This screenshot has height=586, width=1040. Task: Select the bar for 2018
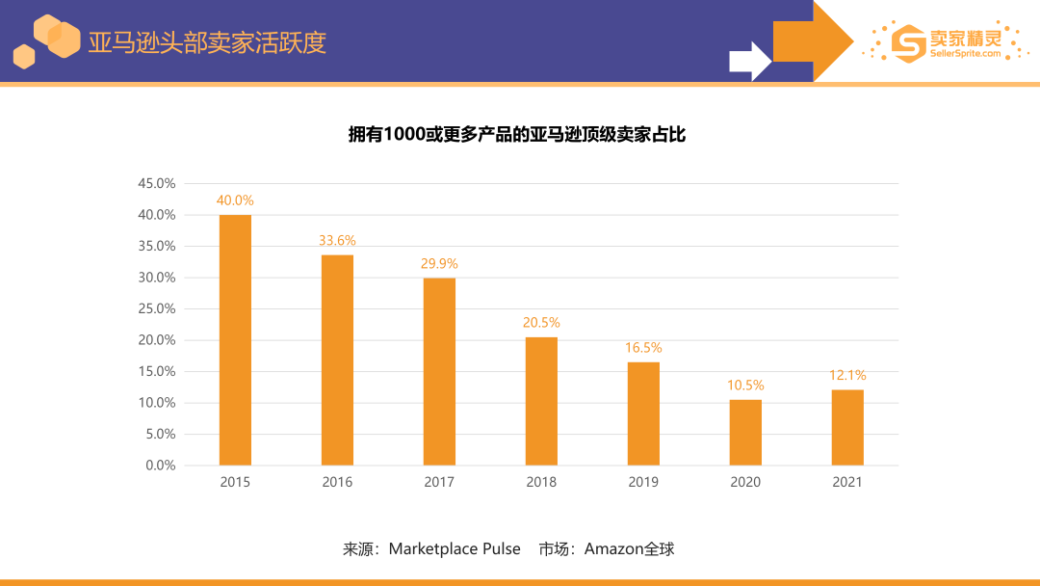(x=541, y=401)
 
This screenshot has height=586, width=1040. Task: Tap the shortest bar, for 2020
(x=745, y=432)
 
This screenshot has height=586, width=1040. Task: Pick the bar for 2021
(x=847, y=427)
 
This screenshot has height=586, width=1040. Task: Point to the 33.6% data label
(x=337, y=240)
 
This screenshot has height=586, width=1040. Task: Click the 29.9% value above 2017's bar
(x=439, y=263)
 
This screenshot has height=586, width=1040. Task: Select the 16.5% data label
(x=643, y=347)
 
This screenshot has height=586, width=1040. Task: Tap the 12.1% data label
(x=847, y=375)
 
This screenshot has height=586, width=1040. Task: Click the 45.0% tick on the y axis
(x=157, y=183)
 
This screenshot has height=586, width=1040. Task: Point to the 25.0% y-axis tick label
(x=157, y=308)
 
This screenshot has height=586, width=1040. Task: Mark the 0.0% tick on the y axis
(x=160, y=466)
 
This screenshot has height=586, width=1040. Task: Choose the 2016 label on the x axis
(x=337, y=482)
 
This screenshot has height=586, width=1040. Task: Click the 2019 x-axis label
(x=643, y=482)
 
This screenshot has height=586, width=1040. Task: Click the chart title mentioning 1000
(x=517, y=135)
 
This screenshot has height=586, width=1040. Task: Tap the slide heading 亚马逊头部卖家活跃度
(x=207, y=42)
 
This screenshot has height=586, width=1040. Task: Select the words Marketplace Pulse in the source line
(x=455, y=549)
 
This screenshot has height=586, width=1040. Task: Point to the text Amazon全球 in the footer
(x=630, y=549)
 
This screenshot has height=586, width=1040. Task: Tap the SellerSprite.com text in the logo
(x=965, y=54)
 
